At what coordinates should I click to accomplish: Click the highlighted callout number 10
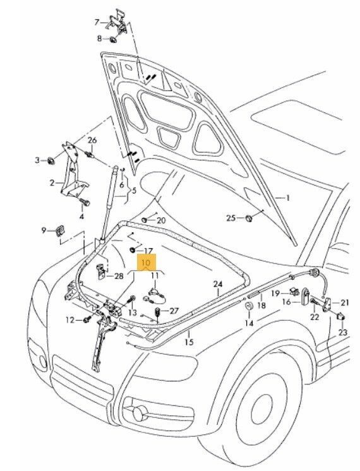146,262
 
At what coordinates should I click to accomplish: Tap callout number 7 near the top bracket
98,22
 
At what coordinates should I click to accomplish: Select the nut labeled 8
47,158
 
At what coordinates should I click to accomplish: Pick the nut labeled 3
47,158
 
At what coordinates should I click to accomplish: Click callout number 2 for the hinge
52,183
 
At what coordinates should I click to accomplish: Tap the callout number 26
93,140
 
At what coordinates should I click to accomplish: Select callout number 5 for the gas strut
133,189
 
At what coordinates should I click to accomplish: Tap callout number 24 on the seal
217,284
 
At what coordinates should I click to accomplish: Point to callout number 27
174,311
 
